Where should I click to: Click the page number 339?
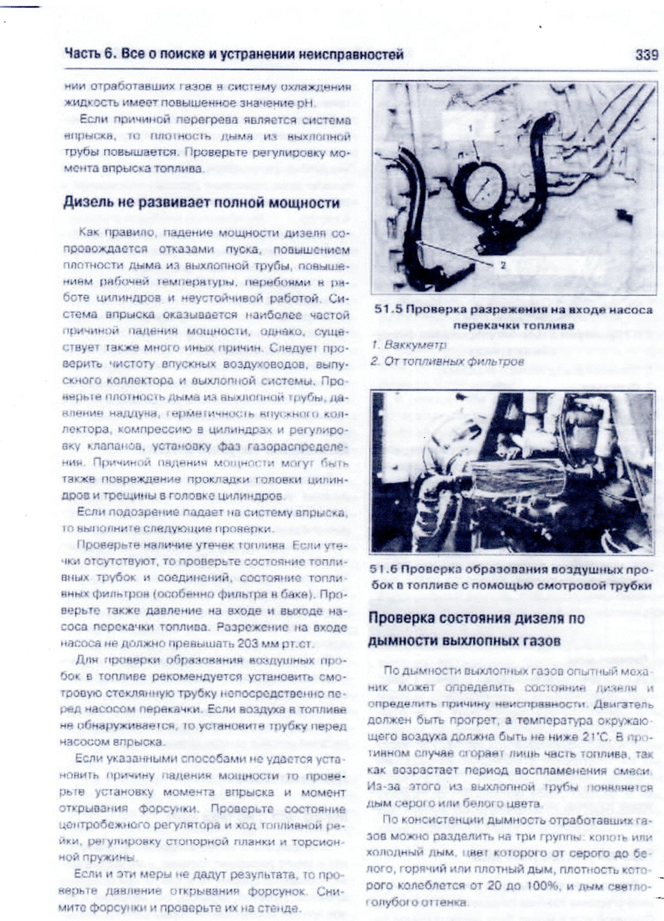[646, 55]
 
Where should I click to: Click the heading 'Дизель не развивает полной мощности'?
[201, 203]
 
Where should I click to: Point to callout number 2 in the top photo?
[503, 265]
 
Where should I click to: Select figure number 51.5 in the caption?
[390, 310]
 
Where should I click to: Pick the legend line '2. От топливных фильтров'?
[447, 361]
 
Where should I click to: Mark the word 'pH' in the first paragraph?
[303, 103]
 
